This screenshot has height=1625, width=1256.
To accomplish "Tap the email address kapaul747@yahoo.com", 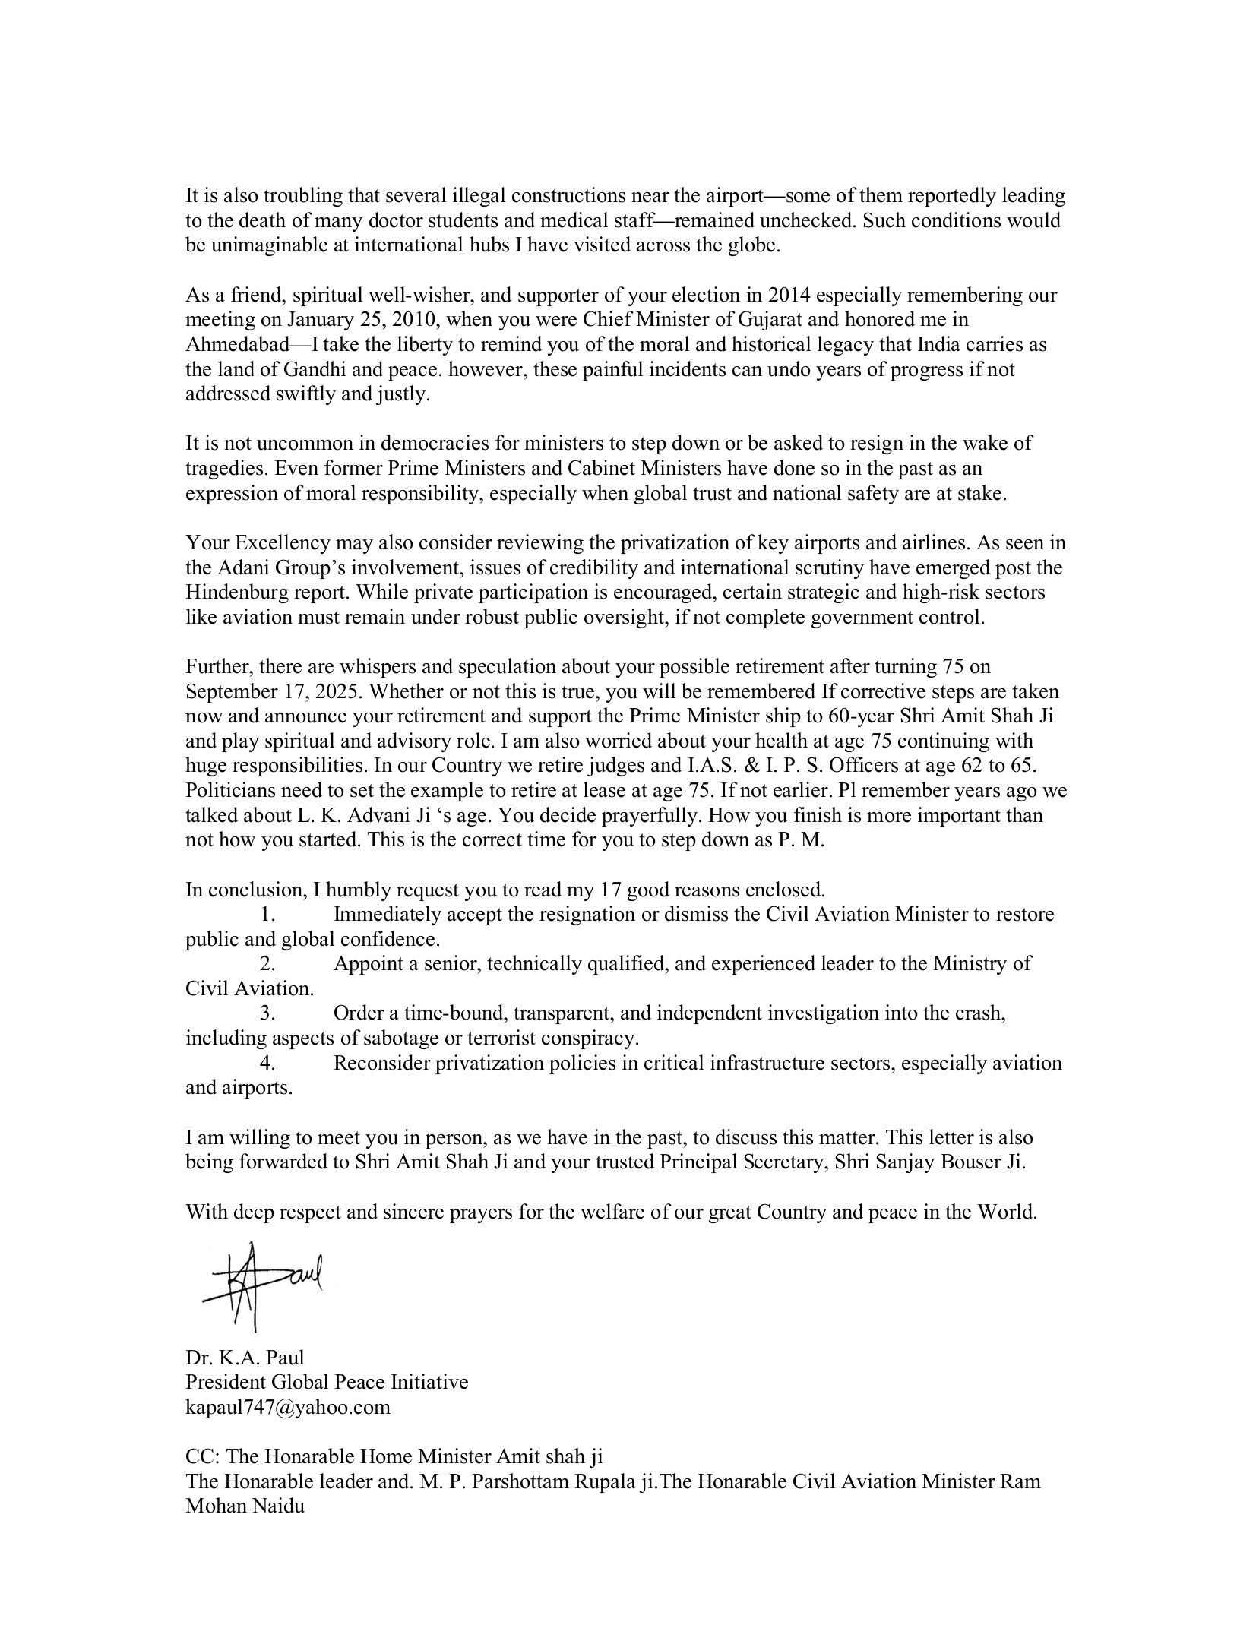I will point(287,1406).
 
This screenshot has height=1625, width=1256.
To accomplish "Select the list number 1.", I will point(266,914).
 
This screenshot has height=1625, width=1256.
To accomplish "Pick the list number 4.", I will point(266,1063).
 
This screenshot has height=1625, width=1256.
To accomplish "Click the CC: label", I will point(203,1456).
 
